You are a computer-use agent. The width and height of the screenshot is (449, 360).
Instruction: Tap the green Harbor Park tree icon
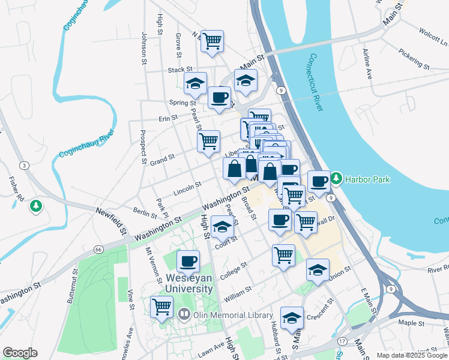tap(336, 178)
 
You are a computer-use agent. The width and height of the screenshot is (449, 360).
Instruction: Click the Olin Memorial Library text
tap(222, 314)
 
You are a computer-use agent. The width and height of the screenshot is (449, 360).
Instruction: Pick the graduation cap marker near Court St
tap(222, 227)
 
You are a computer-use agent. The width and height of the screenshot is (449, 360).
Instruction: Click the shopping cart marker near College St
tap(283, 254)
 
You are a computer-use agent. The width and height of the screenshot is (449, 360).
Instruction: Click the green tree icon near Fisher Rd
tap(37, 206)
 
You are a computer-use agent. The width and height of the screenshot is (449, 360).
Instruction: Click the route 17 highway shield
tap(342, 341)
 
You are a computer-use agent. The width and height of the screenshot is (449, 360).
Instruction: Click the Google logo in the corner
tap(20, 353)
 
